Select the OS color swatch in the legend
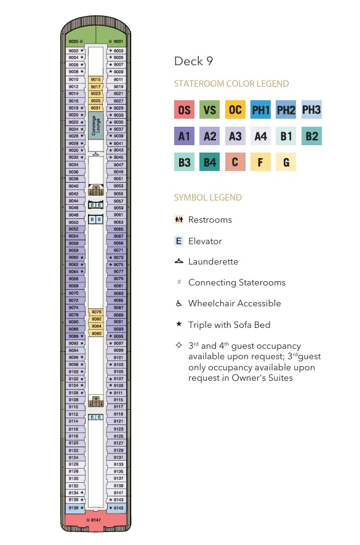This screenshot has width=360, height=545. [185, 110]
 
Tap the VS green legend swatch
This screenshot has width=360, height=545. [210, 110]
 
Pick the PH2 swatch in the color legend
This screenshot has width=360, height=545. [286, 110]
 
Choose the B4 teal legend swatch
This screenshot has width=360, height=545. [210, 162]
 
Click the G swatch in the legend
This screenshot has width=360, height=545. [286, 162]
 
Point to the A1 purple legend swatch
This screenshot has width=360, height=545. [185, 136]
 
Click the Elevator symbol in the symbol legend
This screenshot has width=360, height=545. [178, 241]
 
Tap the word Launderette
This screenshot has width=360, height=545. [213, 261]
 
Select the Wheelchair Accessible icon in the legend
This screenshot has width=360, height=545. [178, 303]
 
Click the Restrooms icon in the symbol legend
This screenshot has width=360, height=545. [178, 220]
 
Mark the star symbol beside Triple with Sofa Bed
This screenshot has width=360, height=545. [178, 324]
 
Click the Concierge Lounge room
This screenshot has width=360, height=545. [95, 126]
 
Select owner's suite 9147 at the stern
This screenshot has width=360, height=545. [95, 520]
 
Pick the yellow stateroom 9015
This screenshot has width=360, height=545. [95, 79]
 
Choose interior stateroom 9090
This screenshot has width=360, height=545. [95, 333]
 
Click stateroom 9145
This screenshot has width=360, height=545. [116, 508]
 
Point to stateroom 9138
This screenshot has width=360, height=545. [74, 508]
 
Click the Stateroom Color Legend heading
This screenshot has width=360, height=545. [231, 84]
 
